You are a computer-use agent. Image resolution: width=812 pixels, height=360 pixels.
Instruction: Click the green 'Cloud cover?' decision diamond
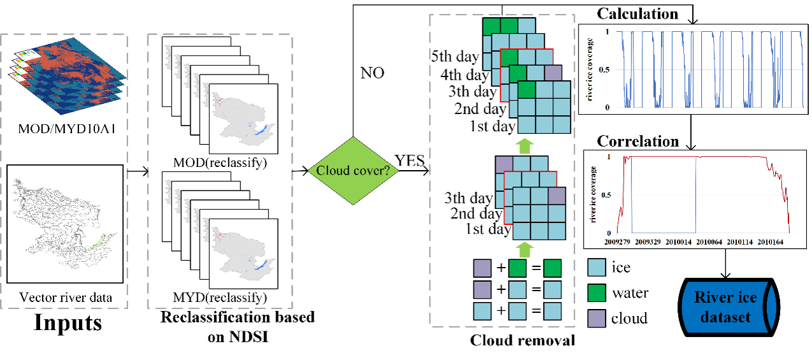point(352,169)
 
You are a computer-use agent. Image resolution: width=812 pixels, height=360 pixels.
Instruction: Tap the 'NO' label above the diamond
point(372,72)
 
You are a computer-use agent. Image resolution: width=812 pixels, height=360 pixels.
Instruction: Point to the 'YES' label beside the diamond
point(410,161)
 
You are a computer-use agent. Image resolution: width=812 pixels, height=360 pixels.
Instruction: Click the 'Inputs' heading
point(67,322)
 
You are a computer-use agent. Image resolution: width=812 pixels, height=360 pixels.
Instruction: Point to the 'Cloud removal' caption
point(522,340)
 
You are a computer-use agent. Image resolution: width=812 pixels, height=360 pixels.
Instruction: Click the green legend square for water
point(597,292)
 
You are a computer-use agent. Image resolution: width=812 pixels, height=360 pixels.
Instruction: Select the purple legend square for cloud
point(597,317)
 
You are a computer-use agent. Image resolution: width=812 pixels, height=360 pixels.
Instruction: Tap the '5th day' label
point(454,56)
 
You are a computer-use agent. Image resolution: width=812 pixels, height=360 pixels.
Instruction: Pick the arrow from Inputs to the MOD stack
point(138,171)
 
